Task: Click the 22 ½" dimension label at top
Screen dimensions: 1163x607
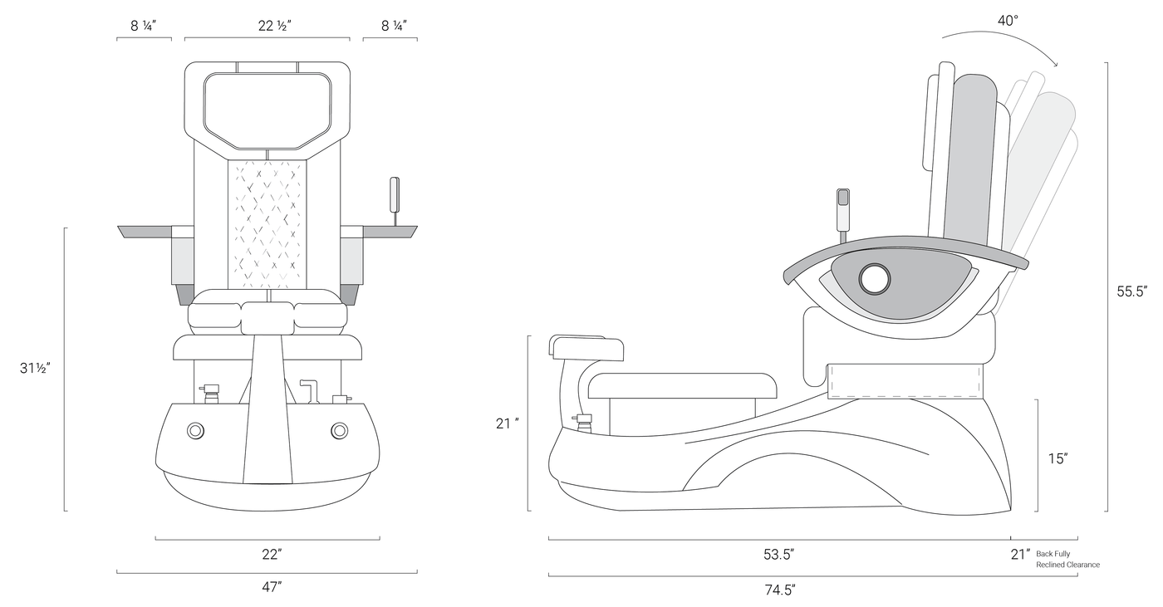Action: coord(275,26)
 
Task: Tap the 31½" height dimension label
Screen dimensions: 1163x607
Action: coord(35,369)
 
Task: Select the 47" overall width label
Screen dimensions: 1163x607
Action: coord(272,587)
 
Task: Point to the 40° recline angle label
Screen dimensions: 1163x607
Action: coord(1008,20)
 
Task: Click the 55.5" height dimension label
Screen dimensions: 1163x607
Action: coord(1131,291)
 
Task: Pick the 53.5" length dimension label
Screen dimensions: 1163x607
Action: coord(779,555)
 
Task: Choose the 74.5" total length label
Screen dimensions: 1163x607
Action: coord(780,590)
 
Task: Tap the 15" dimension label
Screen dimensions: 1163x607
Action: coord(1057,458)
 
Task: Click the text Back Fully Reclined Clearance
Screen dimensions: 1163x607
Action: coord(1067,560)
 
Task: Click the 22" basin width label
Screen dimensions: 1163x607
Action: coord(272,555)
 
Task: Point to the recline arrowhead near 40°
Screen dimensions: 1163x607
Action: coord(1054,78)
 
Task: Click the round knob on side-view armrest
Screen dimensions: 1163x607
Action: coord(875,279)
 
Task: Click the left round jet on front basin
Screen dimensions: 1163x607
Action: coord(196,431)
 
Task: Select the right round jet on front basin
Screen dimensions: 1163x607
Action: coord(340,430)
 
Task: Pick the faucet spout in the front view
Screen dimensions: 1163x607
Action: coord(309,391)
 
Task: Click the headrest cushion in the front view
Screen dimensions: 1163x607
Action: coord(267,111)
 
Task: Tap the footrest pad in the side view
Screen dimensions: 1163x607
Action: coord(586,347)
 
